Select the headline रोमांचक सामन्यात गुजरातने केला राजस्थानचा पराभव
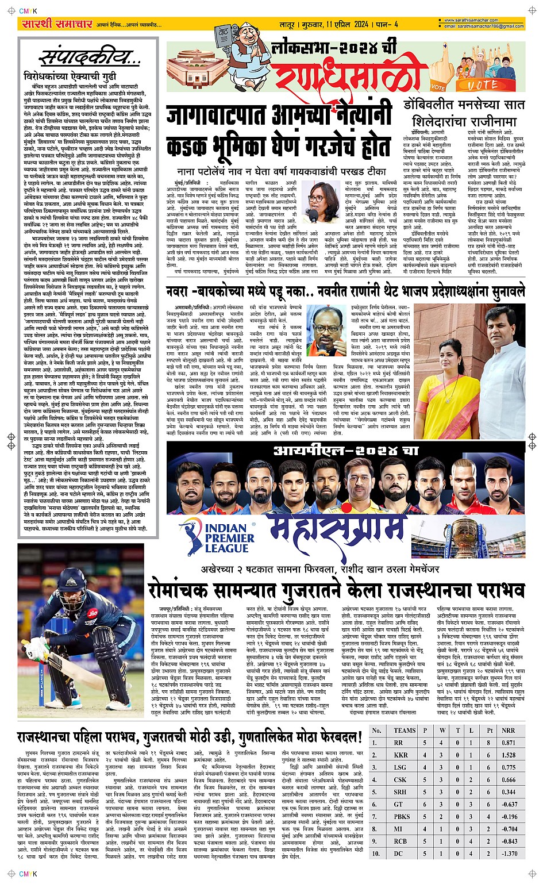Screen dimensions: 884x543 (x=336, y=590)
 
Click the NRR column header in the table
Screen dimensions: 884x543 (x=508, y=731)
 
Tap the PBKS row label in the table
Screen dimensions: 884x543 (x=402, y=817)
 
